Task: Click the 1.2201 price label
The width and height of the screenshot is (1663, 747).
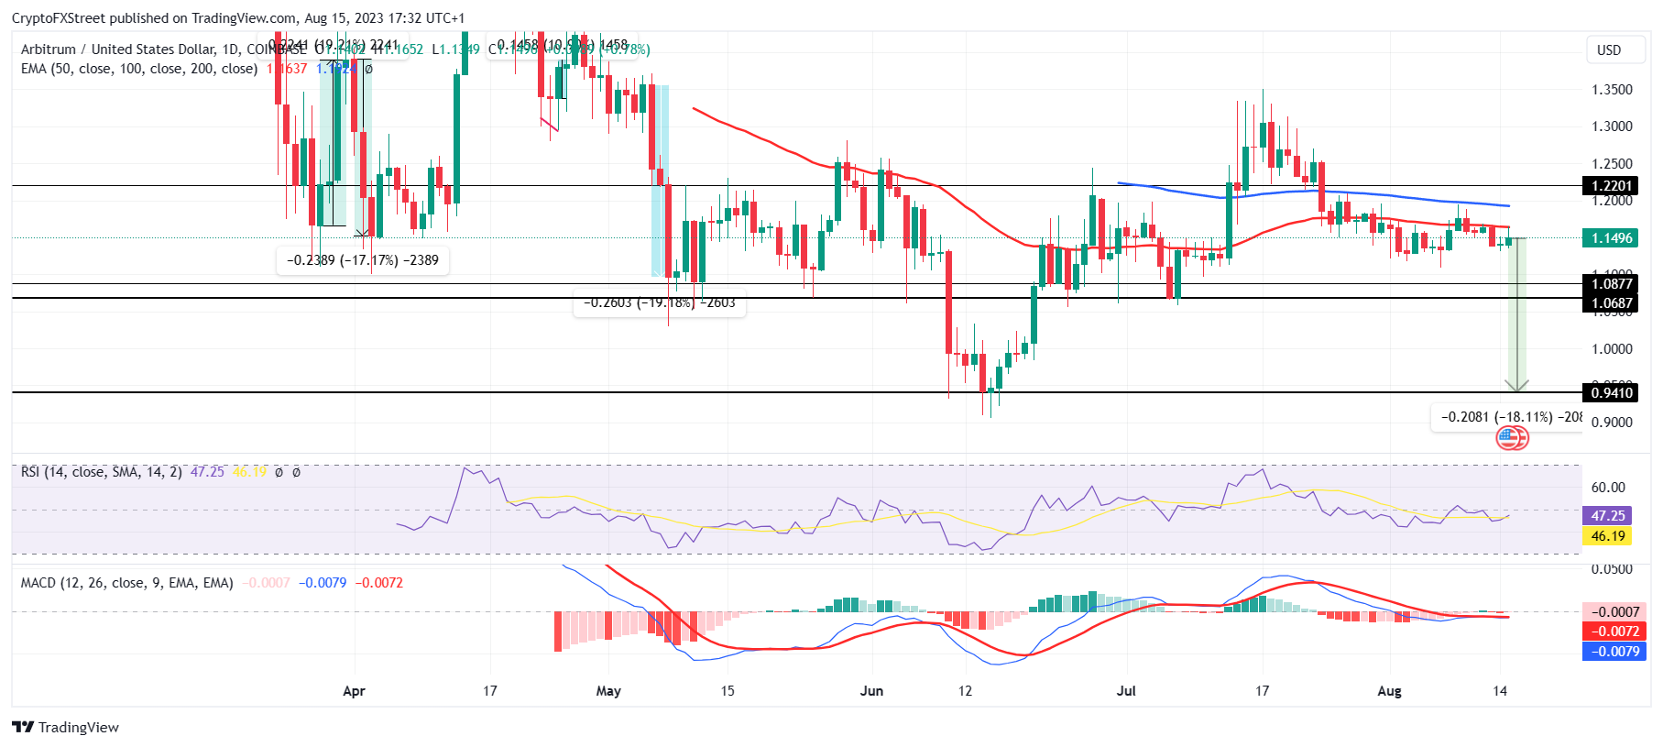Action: [x=1611, y=186]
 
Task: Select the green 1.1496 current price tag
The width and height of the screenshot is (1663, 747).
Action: [x=1611, y=238]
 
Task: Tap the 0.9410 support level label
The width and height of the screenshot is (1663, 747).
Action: [x=1611, y=393]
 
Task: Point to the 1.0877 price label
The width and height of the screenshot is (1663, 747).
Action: [x=1611, y=284]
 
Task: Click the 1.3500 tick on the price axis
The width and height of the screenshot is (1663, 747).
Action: [x=1612, y=90]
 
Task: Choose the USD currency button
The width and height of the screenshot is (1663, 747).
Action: [x=1609, y=50]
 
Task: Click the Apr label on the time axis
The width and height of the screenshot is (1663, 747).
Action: [x=354, y=691]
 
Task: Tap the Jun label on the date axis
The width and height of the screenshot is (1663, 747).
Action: [x=871, y=691]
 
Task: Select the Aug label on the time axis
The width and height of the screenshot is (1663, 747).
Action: [x=1389, y=691]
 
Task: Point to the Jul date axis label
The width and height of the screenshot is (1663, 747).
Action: [x=1126, y=691]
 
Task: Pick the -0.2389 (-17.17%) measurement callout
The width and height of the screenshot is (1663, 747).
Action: [x=362, y=260]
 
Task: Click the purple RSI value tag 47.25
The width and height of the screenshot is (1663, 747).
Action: [x=1607, y=516]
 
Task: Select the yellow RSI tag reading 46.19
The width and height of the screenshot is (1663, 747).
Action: [x=1607, y=536]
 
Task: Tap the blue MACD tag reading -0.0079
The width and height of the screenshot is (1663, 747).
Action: [x=1614, y=652]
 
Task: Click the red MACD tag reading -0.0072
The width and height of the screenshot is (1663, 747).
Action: [x=1614, y=632]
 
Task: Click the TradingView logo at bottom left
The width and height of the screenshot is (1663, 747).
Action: [x=66, y=727]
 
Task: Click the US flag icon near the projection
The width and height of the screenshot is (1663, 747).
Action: [x=1508, y=438]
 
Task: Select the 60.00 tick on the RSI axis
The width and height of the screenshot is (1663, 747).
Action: [x=1608, y=488]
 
